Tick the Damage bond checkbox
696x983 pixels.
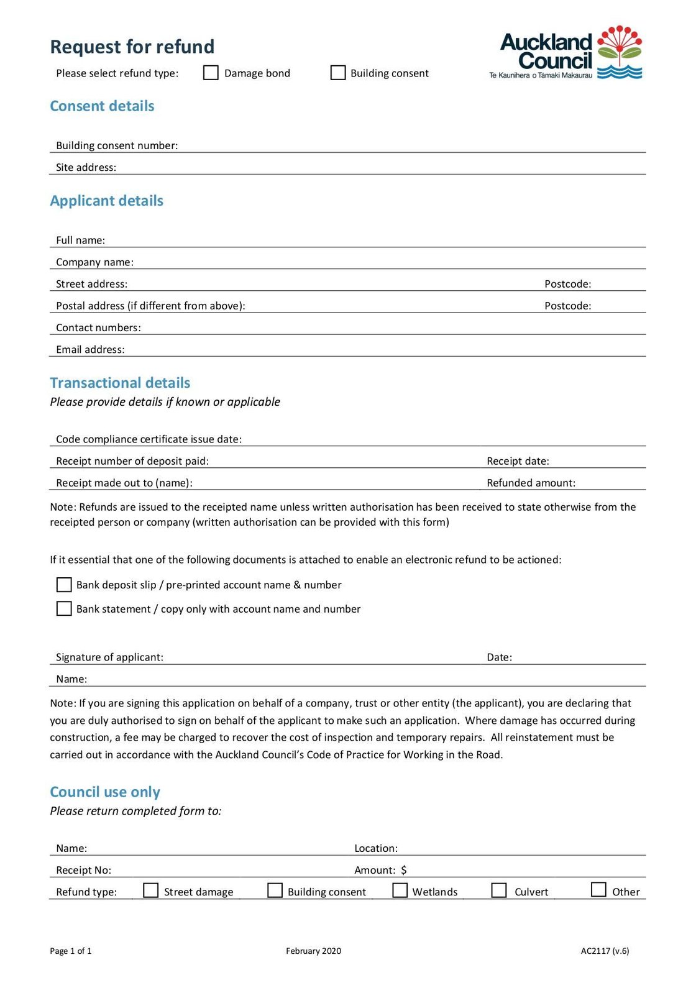point(211,73)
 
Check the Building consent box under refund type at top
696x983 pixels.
point(337,73)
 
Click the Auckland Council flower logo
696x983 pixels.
point(619,52)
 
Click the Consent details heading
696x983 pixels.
point(102,106)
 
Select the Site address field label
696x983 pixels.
point(86,167)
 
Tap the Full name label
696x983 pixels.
point(80,240)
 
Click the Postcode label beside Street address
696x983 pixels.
point(567,284)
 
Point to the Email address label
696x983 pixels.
point(90,350)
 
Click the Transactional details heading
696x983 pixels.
point(120,383)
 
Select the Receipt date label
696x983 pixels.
point(518,461)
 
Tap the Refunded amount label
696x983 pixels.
point(531,483)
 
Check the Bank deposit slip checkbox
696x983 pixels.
point(64,585)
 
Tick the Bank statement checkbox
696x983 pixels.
point(64,608)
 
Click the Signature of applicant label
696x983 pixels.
point(109,657)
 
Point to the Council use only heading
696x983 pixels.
point(105,792)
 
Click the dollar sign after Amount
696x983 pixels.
point(404,870)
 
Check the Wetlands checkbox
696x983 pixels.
point(400,890)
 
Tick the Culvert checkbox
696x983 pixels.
point(499,890)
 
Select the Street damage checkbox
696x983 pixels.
point(151,890)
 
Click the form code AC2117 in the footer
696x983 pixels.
point(604,951)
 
